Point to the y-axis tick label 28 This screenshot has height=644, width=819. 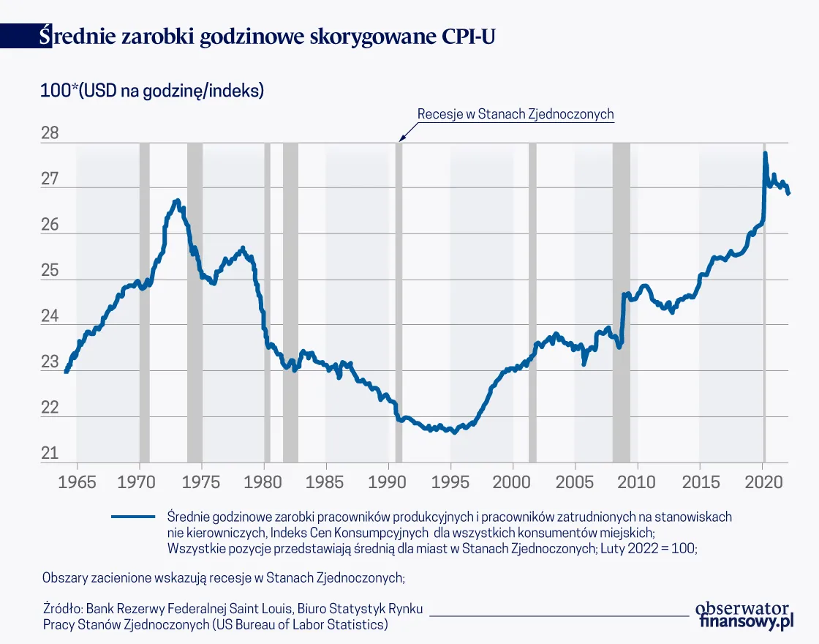pos(49,135)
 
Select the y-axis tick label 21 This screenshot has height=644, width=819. pos(49,454)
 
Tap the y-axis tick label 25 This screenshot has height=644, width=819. pos(49,272)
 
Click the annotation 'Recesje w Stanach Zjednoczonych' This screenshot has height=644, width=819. pos(515,114)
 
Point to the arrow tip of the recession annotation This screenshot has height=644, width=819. pos(399,140)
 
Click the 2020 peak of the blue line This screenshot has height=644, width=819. pos(765,153)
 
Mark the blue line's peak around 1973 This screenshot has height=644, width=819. pos(176,200)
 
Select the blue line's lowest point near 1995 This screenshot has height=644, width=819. pos(454,432)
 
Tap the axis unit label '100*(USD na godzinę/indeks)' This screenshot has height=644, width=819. pos(152,91)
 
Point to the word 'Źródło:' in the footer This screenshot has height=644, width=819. pos(63,609)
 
